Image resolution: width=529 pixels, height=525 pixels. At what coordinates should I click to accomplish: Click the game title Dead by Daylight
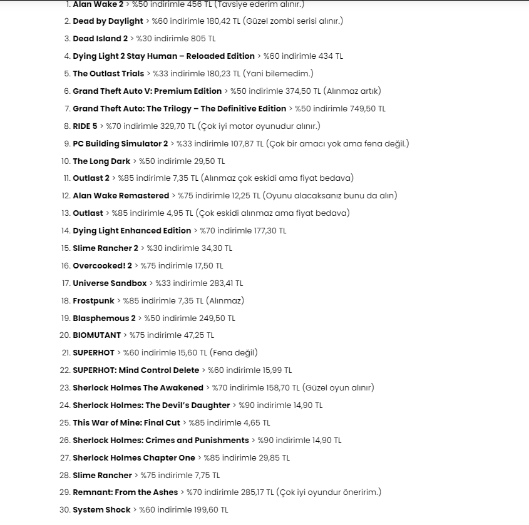pos(108,21)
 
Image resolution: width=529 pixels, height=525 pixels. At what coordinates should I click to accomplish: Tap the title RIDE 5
pos(85,126)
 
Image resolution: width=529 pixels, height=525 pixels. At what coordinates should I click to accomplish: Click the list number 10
pos(64,161)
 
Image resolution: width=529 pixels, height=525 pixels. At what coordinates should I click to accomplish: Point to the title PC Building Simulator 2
pos(120,143)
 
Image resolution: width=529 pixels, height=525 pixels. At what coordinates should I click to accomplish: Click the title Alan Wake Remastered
pos(121,196)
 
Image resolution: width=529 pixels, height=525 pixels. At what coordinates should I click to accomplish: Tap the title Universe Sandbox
pos(110,283)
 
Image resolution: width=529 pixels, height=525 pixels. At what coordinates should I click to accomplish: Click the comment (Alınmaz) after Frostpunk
pos(225,301)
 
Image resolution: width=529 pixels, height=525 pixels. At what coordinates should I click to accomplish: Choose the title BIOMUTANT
pos(96,335)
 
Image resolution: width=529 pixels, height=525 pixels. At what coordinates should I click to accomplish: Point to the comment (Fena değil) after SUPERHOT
pos(234,353)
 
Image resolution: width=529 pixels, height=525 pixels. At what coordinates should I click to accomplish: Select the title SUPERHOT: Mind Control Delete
pos(136,370)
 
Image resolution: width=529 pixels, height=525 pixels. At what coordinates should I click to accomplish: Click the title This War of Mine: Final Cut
pos(126,423)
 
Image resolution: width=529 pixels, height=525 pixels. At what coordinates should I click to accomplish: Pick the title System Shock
pos(101,510)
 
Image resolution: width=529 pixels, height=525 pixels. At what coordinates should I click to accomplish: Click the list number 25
pos(64,423)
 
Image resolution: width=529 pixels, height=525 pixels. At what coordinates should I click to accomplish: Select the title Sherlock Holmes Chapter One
pos(134,458)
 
